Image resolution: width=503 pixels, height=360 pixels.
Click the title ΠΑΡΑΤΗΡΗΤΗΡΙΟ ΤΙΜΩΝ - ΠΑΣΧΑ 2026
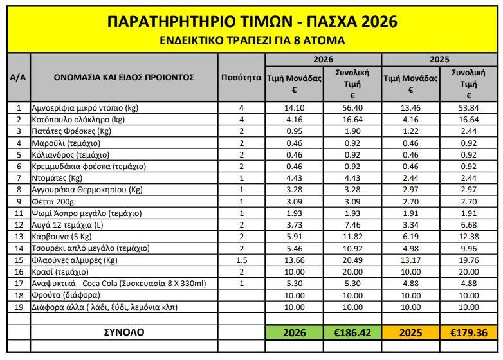251,22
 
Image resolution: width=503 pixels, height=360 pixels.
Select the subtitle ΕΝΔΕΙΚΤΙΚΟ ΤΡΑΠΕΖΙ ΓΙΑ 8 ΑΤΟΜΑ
251,40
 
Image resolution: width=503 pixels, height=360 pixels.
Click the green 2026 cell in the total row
294,333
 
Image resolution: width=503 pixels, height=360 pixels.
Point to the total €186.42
352,333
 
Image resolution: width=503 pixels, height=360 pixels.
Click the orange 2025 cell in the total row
410,333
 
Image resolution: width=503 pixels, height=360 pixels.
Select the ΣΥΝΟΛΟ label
125,332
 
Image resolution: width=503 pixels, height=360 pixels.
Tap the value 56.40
352,108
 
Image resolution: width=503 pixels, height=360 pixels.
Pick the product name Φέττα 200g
55,201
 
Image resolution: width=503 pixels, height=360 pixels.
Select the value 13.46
410,108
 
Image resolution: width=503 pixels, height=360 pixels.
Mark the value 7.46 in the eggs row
352,224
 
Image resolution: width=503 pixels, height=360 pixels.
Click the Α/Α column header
18,78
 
